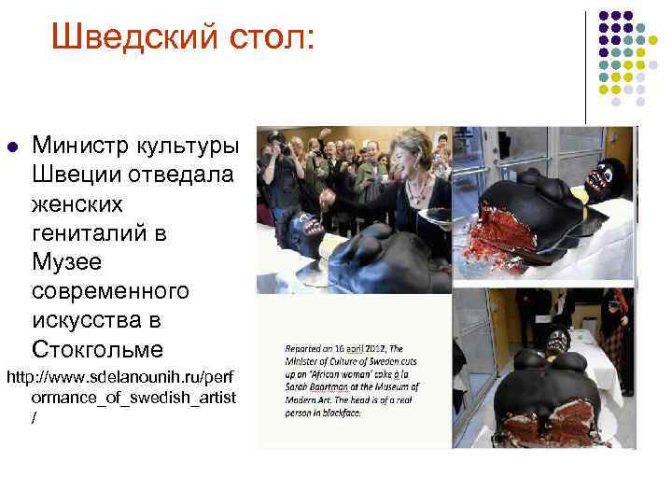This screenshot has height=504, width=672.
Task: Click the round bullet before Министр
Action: tap(11, 147)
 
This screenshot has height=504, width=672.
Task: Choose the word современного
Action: tap(110, 291)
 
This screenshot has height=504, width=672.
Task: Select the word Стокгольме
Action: tap(97, 350)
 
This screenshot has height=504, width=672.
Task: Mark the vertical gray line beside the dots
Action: tap(585, 65)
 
